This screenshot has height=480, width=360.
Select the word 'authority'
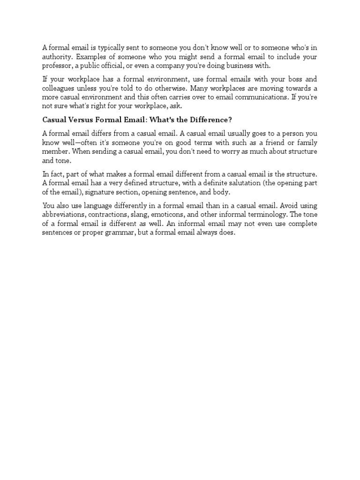coord(58,56)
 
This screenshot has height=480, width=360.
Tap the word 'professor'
coord(58,65)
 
